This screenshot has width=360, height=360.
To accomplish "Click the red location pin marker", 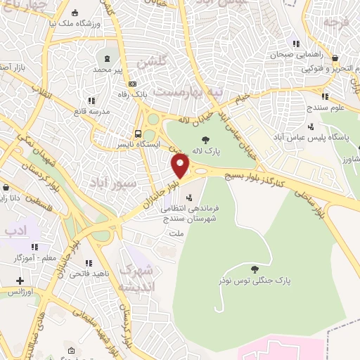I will [181, 166].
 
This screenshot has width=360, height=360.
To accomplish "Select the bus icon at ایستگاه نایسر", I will [138, 134].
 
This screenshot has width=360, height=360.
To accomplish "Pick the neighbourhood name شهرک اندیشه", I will [134, 278].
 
